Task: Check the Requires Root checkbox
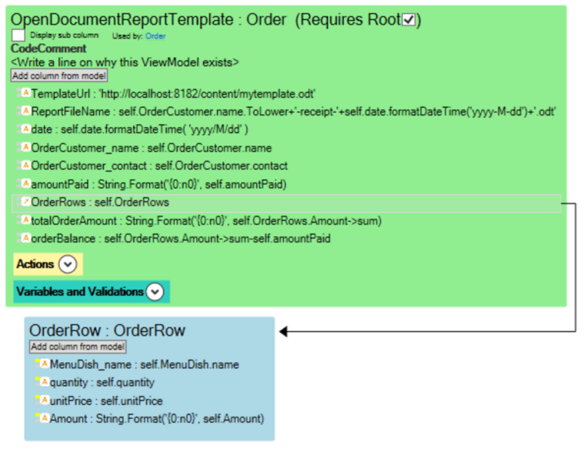pyautogui.click(x=409, y=19)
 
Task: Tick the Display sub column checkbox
pyautogui.click(x=18, y=35)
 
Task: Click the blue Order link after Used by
pyautogui.click(x=155, y=35)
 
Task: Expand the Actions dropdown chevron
pyautogui.click(x=68, y=264)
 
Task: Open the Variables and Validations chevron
pyautogui.click(x=155, y=292)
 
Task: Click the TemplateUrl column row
pyautogui.click(x=173, y=93)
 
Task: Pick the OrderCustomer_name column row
pyautogui.click(x=152, y=148)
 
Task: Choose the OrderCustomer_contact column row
pyautogui.click(x=159, y=166)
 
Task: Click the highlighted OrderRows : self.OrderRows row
pyautogui.click(x=286, y=203)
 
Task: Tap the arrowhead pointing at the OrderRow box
pyautogui.click(x=283, y=331)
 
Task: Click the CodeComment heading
pyautogui.click(x=48, y=49)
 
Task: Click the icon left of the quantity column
pyautogui.click(x=44, y=381)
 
